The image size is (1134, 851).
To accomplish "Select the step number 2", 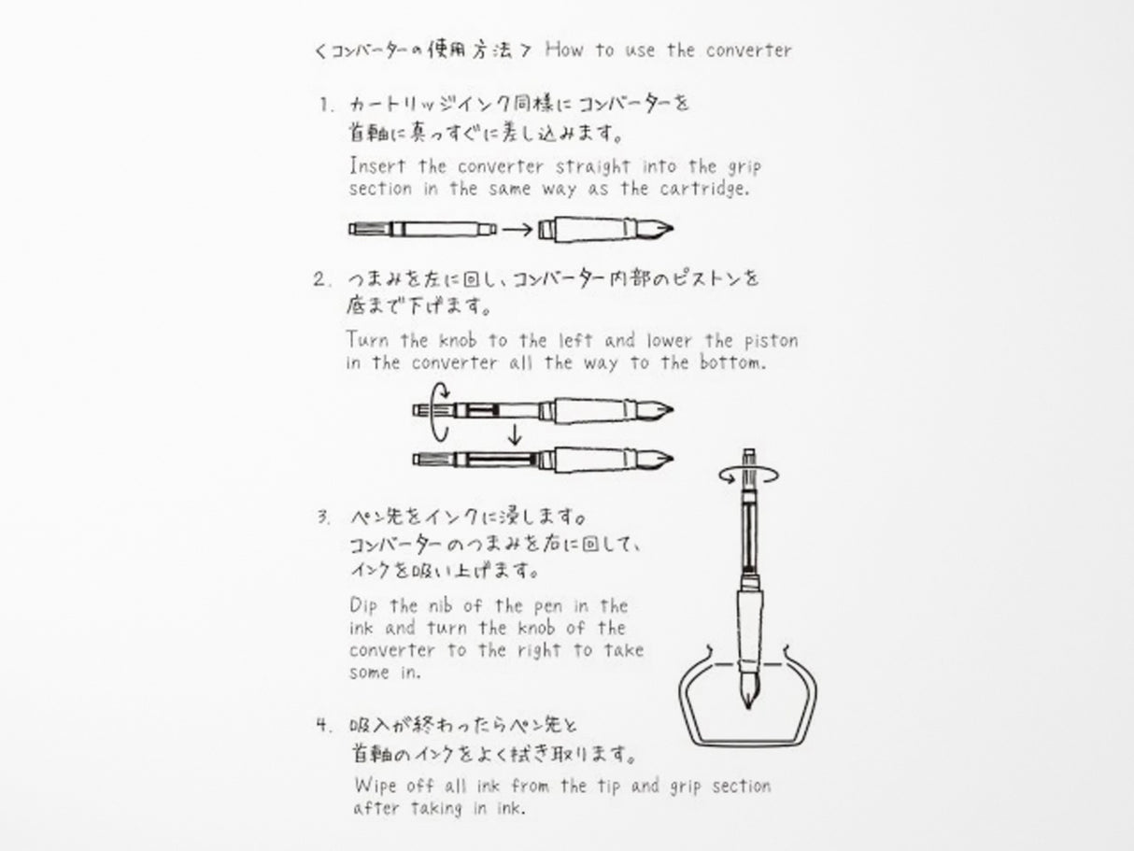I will coord(322,278).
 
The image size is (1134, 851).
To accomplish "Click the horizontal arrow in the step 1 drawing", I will coord(520,228).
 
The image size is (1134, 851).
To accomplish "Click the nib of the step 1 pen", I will coord(658,229).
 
